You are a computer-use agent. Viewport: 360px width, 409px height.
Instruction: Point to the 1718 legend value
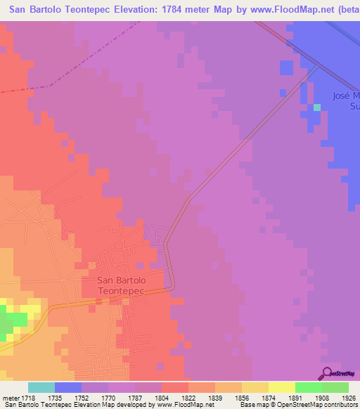click(x=27, y=398)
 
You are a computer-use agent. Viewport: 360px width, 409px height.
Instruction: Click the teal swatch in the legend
click(x=41, y=387)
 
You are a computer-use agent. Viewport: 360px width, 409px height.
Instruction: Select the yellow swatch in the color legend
click(x=282, y=387)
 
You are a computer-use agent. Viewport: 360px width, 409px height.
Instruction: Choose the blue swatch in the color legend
click(x=68, y=387)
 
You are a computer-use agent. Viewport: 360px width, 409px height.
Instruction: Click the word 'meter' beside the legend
click(x=9, y=398)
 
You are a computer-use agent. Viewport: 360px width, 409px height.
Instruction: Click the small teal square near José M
click(x=317, y=108)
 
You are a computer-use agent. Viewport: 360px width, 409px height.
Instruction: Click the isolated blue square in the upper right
click(x=286, y=67)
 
